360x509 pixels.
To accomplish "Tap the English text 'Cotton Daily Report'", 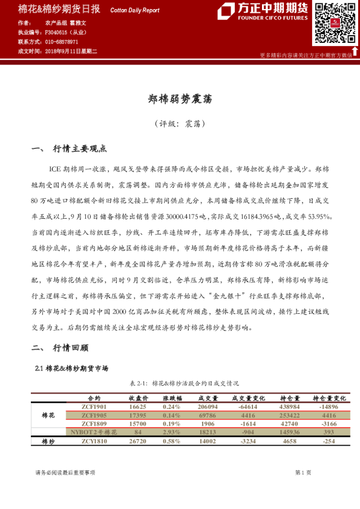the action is click(134, 10).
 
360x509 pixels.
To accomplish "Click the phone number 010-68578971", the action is click(61, 42).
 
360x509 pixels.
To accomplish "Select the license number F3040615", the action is click(59, 32).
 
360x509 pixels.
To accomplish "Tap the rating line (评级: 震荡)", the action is click(180, 124).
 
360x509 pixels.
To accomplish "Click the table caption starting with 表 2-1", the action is click(180, 383).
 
